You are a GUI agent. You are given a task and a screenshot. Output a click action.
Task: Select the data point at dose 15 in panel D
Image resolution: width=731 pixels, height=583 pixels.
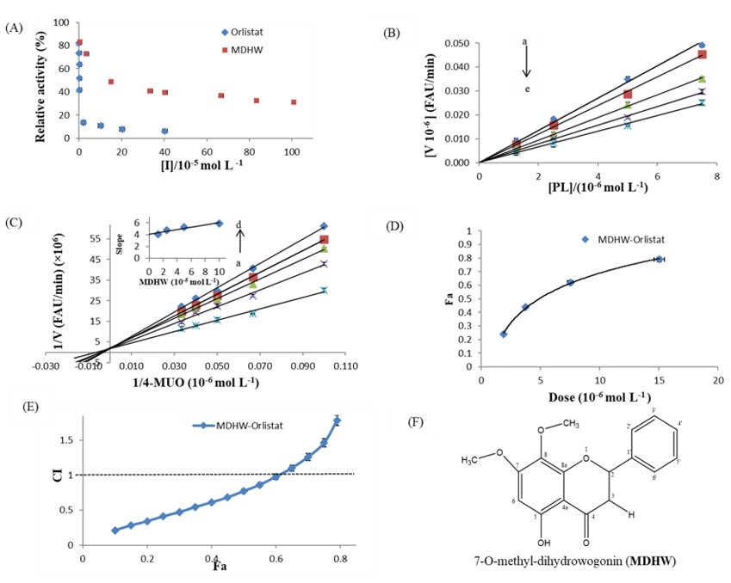659,259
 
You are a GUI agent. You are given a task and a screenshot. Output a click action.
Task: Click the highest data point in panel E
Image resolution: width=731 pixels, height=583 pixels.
337,420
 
